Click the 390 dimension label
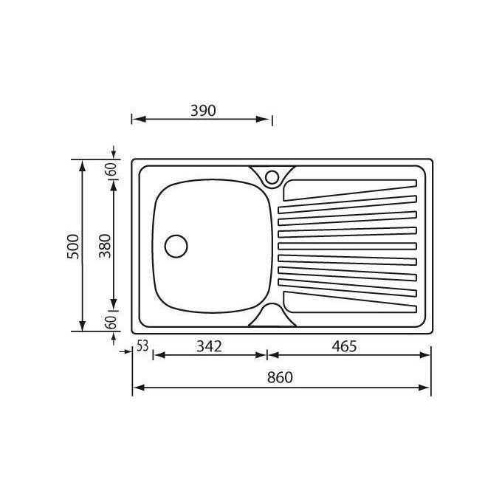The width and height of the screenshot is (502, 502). [203, 111]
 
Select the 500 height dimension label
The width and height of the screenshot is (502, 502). [73, 247]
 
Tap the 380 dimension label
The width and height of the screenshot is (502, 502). [105, 246]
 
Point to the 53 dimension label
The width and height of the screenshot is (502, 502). [142, 345]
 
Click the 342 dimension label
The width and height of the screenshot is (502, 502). [209, 346]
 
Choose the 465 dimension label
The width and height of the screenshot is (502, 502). [344, 346]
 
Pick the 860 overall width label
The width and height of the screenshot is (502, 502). [280, 377]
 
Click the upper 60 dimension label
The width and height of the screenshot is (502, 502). [112, 169]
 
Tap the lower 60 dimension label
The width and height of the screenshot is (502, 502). [112, 323]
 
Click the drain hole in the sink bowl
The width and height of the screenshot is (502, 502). [176, 246]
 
